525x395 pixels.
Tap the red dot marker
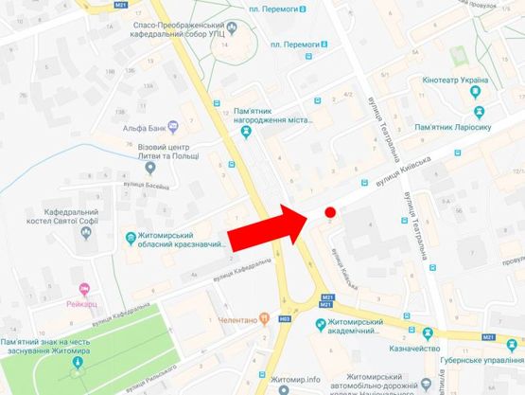coord(330,213)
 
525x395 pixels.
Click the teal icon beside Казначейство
coord(427,332)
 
